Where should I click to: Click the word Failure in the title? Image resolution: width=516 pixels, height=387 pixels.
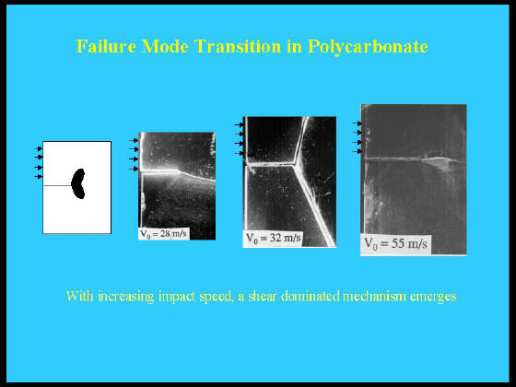point(106,46)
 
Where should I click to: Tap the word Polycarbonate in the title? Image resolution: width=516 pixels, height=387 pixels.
point(368,47)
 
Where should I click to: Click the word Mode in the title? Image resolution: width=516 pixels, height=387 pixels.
point(165,46)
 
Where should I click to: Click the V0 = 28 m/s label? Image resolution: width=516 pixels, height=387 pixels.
point(164,234)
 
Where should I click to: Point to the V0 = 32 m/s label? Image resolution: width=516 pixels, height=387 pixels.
point(274,238)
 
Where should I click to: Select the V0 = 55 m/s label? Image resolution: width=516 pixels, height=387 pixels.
point(395,244)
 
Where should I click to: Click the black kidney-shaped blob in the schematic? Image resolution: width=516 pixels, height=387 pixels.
point(78,183)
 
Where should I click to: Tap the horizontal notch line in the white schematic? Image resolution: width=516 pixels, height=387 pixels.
point(57,185)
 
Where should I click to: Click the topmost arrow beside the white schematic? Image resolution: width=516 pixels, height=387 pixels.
point(38,148)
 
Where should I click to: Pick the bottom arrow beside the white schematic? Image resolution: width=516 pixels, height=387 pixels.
point(38,177)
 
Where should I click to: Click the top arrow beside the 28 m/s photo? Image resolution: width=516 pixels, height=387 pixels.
point(134,140)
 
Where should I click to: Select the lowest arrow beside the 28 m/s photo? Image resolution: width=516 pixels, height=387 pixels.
point(134,169)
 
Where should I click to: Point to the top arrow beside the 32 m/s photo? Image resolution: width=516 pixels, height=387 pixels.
point(239,124)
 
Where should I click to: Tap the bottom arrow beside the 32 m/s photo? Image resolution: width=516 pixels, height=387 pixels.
point(239,153)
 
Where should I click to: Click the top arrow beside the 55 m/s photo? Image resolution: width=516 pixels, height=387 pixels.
point(358,123)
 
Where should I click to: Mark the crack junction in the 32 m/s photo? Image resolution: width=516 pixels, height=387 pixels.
point(294,164)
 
